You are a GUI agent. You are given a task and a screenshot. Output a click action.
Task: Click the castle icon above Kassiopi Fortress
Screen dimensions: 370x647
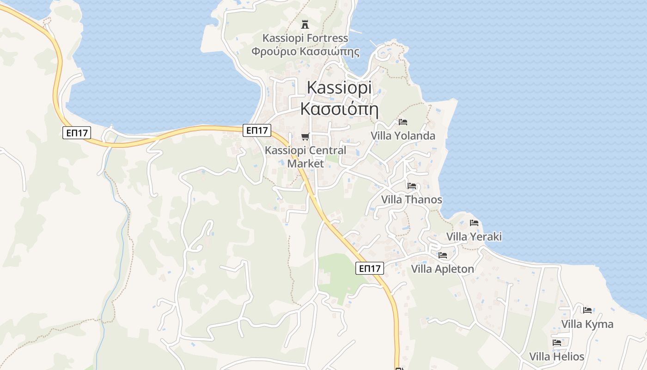pos(305,24)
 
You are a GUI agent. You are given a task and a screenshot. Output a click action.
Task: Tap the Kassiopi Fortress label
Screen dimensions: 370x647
pos(305,38)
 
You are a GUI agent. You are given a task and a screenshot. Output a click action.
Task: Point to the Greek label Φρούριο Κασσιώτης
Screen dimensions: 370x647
pos(305,51)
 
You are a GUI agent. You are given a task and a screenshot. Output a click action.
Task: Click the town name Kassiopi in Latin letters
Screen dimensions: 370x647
pos(339,88)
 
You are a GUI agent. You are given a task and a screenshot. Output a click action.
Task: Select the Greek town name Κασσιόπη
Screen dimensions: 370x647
pos(339,109)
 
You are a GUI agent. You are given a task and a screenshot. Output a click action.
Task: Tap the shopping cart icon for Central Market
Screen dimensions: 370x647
pos(305,136)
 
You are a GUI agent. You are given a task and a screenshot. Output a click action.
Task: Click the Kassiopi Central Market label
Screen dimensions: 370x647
pos(305,157)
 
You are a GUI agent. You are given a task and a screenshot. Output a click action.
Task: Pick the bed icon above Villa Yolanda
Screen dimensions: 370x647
pos(403,122)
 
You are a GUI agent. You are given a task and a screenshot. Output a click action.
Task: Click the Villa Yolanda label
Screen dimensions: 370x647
pos(403,136)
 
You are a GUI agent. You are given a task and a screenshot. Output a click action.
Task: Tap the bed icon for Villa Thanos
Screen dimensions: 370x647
pos(412,186)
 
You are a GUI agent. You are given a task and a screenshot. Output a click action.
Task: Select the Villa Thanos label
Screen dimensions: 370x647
pos(411,200)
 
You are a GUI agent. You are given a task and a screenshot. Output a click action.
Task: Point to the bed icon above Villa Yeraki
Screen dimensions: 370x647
pos(474,223)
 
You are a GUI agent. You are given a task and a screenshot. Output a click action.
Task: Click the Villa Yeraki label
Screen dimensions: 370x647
pos(474,237)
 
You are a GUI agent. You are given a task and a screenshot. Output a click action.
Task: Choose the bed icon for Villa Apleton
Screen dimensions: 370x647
pos(443,255)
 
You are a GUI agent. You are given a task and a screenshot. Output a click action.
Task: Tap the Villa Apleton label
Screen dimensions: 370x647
pos(442,269)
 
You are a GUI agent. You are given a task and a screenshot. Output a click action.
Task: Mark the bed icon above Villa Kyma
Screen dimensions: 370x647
pos(587,310)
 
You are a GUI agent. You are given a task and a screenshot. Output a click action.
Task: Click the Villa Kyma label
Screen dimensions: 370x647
pos(587,324)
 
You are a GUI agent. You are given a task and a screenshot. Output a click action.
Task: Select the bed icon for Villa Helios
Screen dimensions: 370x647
pos(557,343)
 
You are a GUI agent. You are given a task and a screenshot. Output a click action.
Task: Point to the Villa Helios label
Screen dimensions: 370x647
pos(556,357)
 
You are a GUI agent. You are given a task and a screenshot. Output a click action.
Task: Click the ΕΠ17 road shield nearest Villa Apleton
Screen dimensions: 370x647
pos(370,268)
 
